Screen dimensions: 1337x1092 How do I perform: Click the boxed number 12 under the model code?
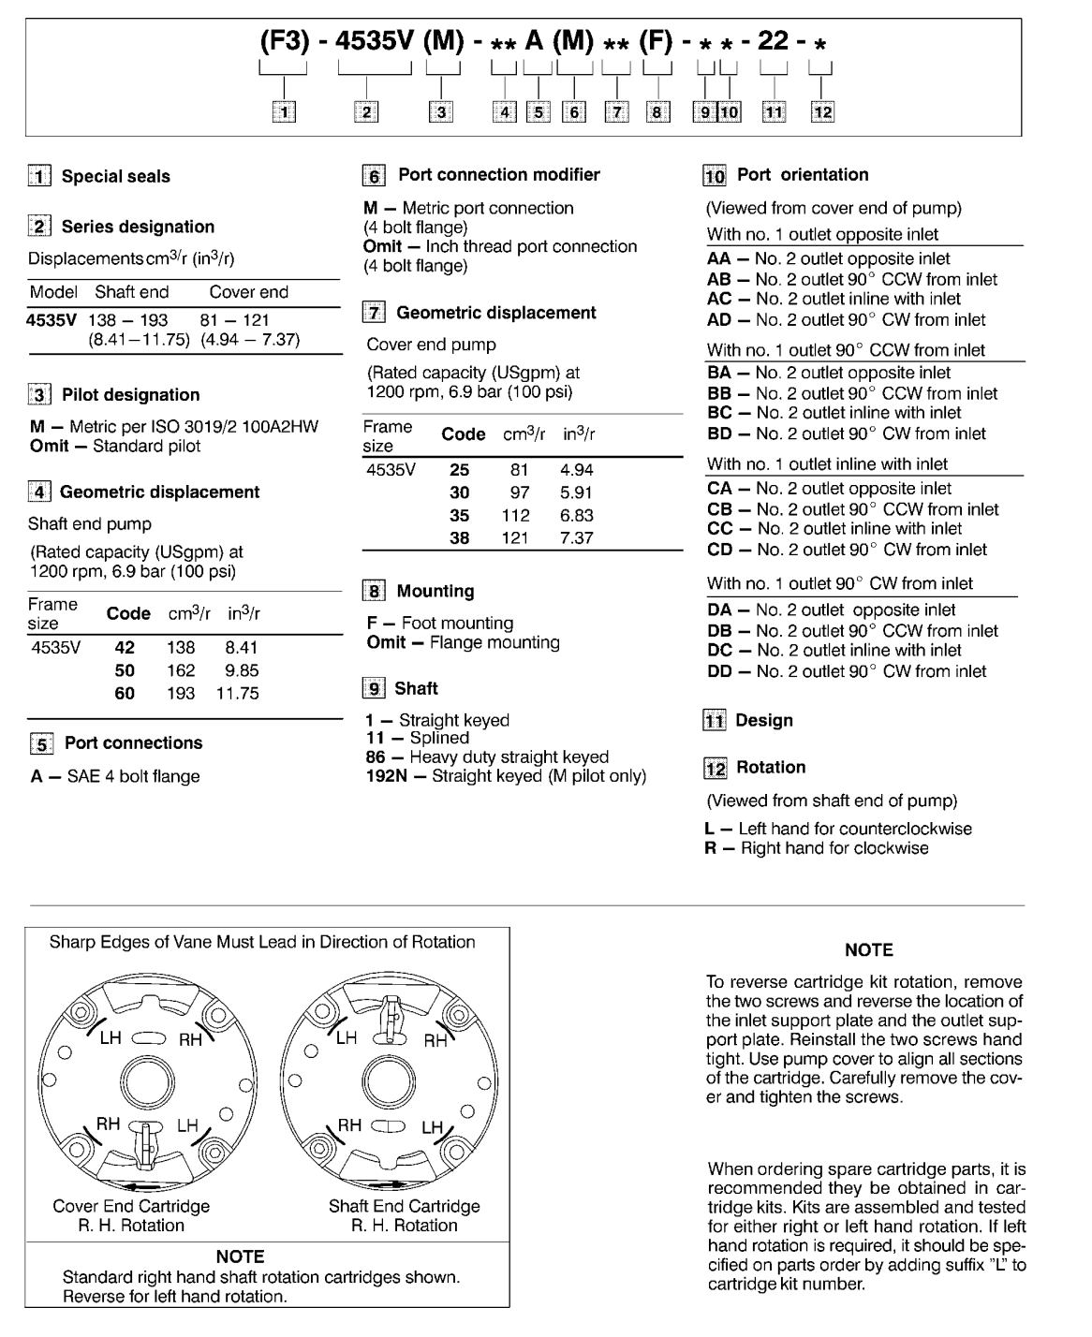coord(821,112)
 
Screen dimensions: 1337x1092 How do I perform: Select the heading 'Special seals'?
coord(115,176)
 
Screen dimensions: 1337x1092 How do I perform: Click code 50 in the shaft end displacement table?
coord(125,670)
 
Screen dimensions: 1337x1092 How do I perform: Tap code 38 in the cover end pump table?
coord(460,538)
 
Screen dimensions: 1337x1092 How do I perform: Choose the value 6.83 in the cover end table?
coord(576,516)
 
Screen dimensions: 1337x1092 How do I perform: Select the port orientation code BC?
coord(719,413)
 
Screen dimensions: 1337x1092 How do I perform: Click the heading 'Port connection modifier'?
coord(498,175)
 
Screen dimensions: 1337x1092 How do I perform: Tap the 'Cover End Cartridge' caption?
coord(131,1206)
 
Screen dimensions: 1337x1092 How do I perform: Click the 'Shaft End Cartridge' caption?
coord(404,1206)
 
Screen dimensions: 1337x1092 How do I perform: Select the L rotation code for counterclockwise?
coord(710,829)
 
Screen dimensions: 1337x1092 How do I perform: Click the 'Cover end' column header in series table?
coord(248,292)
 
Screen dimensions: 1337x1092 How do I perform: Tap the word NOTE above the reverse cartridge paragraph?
coord(868,950)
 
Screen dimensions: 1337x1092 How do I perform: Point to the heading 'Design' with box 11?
coord(763,721)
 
